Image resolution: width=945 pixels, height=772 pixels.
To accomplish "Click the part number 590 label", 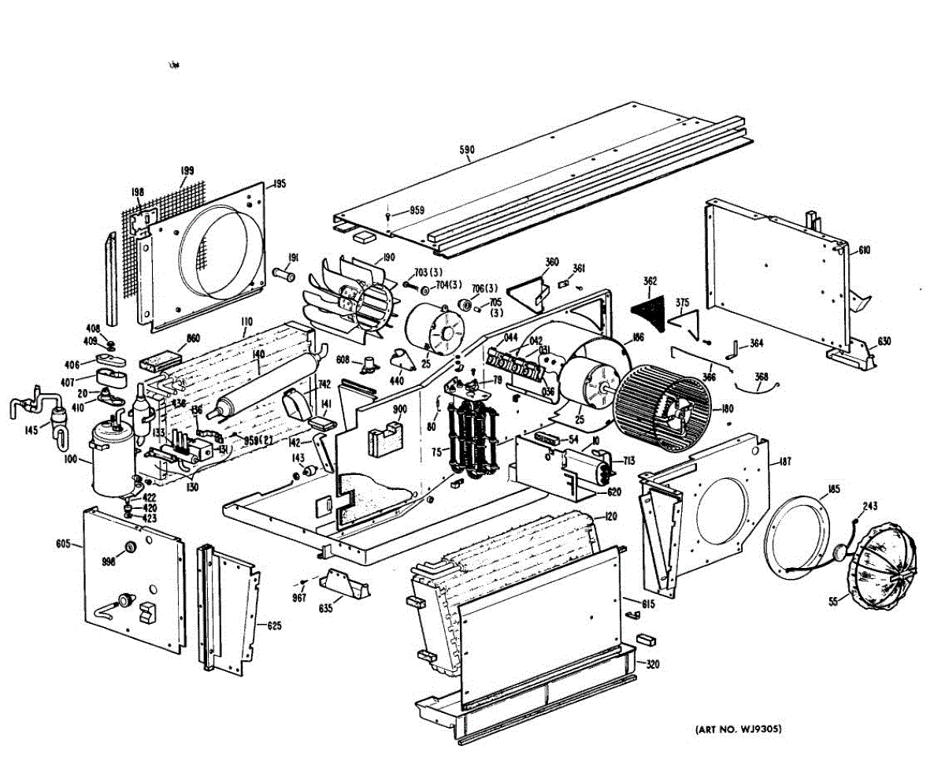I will point(467,150).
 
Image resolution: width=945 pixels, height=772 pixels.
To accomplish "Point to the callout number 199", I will point(187,170).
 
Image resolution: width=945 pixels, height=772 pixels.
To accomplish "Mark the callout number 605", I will point(64,544).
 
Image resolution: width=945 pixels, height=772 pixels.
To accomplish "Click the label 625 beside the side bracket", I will point(273,626).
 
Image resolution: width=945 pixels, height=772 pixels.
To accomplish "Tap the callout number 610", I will point(865,251).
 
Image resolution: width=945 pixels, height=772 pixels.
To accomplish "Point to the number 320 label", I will point(652,664).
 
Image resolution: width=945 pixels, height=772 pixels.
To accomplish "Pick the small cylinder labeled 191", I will point(284,276).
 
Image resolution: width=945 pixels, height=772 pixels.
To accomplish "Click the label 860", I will point(193,340).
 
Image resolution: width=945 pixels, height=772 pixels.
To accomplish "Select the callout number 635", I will point(325,609).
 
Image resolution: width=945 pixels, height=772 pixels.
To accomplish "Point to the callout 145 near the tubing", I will point(31,429).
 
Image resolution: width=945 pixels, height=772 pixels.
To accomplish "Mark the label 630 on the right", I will point(884,341).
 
